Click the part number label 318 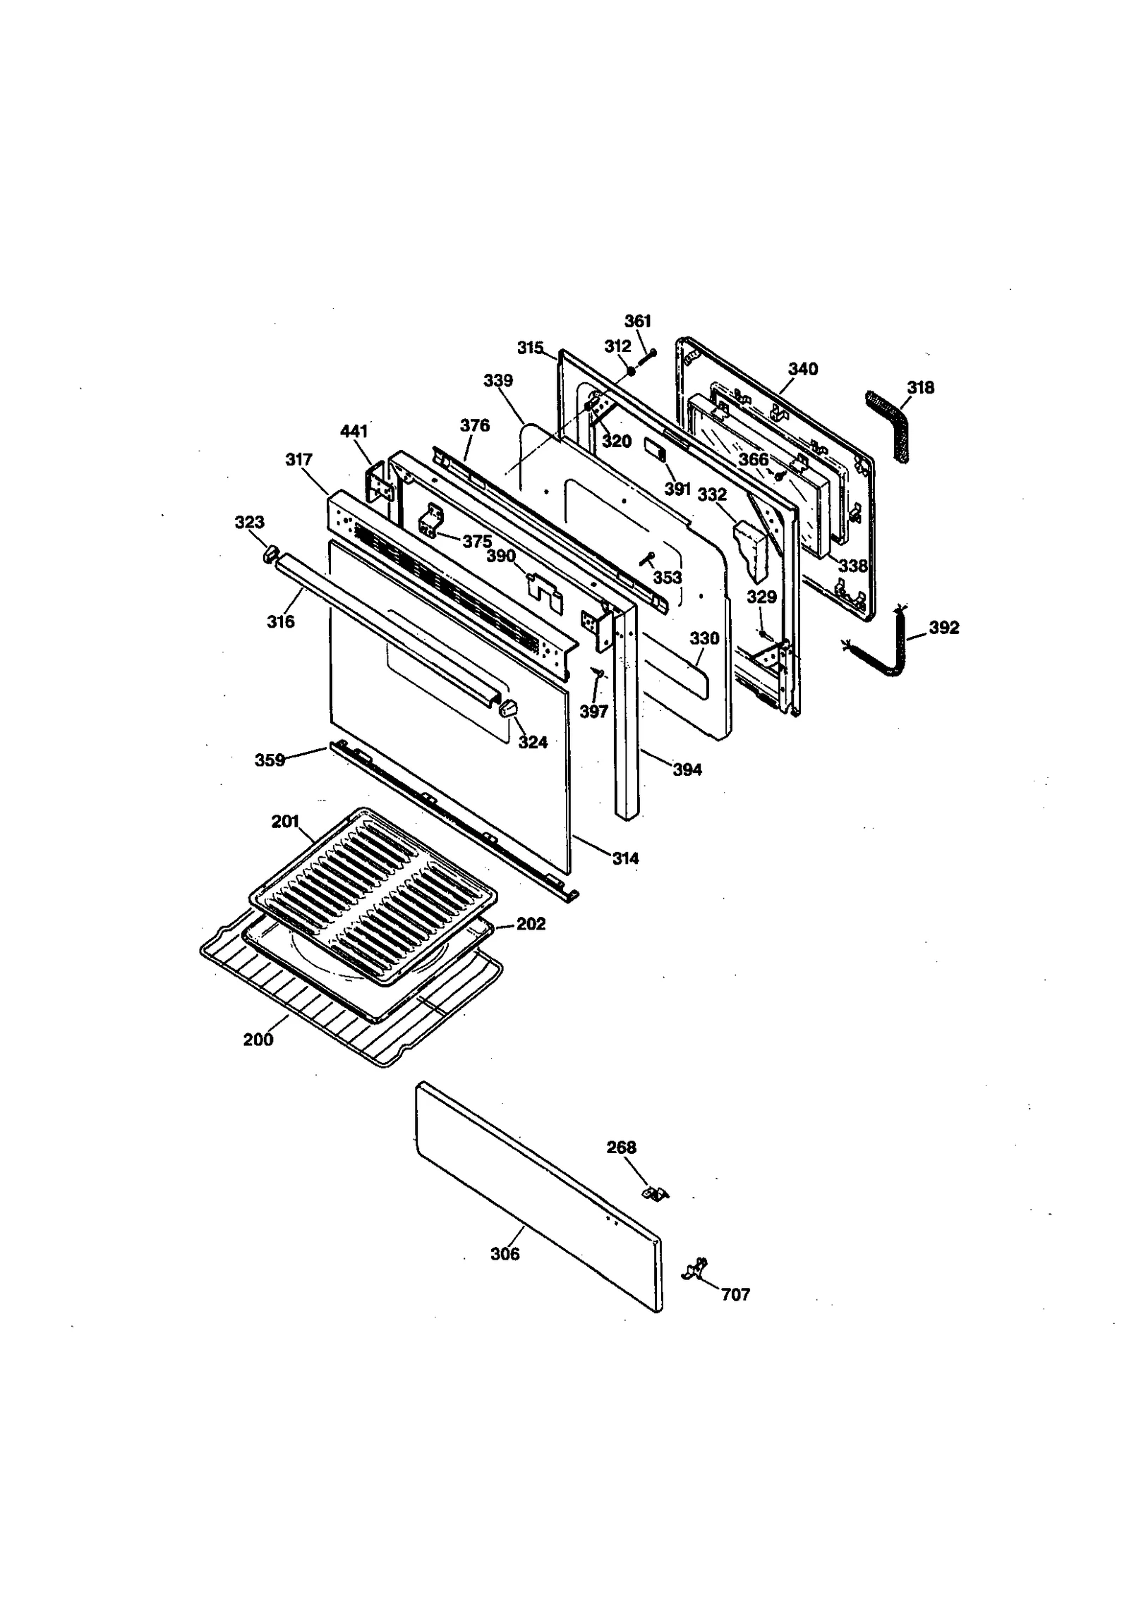click(x=920, y=387)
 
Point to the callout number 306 click(x=505, y=1253)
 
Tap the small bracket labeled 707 click(x=696, y=1268)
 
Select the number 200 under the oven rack click(x=258, y=1039)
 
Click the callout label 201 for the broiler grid click(x=285, y=822)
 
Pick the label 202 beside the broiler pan click(x=531, y=923)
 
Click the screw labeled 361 click(x=647, y=356)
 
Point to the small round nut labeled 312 click(x=631, y=371)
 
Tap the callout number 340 click(x=803, y=369)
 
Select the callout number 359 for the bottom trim click(x=270, y=760)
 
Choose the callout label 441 click(x=354, y=431)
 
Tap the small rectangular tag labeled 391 click(x=655, y=449)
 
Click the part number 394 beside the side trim click(x=687, y=769)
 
